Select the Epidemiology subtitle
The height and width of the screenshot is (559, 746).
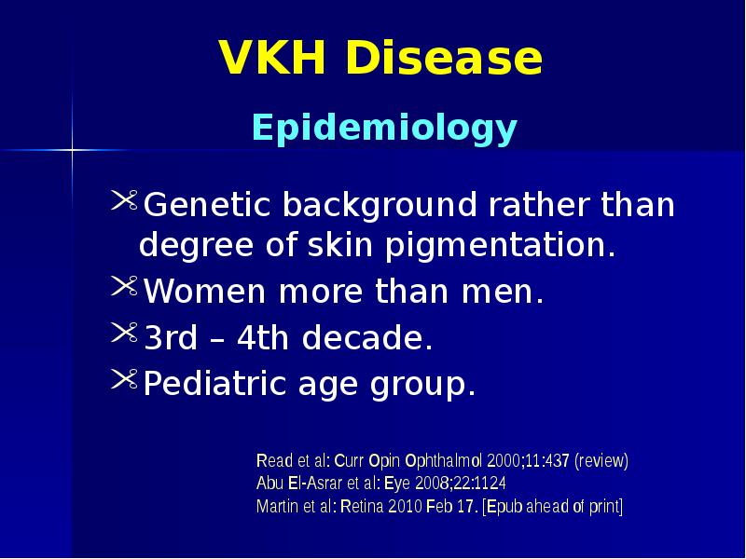click(383, 129)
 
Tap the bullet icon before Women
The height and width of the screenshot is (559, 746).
click(125, 290)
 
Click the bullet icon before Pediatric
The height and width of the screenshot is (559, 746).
click(125, 378)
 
